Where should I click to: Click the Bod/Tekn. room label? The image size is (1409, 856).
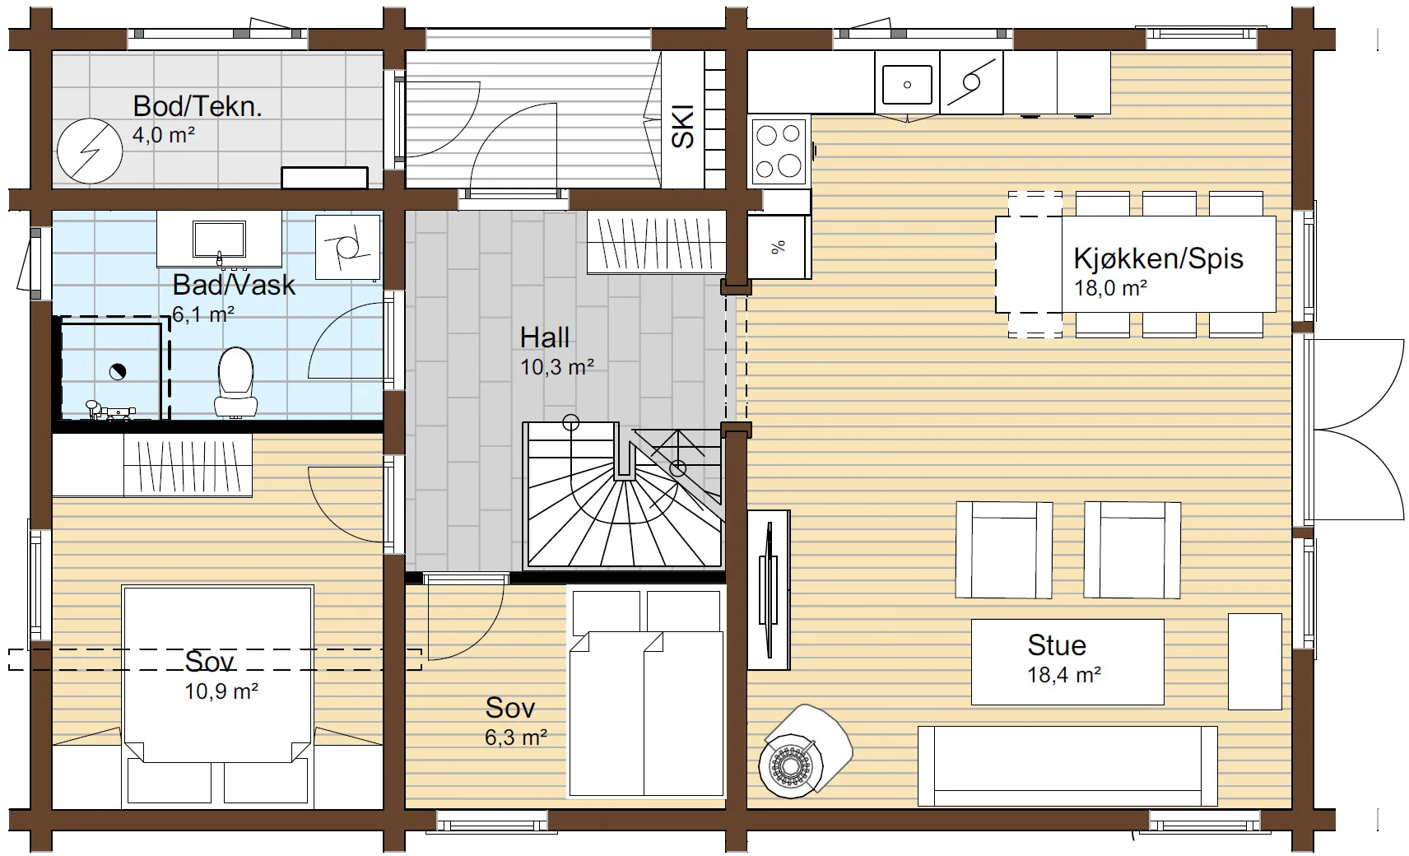[198, 106]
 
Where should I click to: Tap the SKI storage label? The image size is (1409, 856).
[682, 127]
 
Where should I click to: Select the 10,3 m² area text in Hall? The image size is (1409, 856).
[557, 366]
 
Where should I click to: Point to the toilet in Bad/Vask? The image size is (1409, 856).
[235, 382]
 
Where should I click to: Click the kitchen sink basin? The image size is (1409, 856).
[907, 84]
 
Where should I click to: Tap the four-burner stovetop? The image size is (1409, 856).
[778, 151]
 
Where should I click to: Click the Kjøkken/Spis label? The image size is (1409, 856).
[1158, 258]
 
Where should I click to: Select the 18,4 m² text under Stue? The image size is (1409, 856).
[1064, 675]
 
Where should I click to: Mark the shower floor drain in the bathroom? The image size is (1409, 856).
[118, 372]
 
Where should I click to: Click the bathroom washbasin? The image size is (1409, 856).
[220, 239]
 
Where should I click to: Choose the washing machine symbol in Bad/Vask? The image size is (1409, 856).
[348, 247]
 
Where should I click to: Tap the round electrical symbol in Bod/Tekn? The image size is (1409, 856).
[90, 151]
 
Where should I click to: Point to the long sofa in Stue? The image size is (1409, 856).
[1067, 766]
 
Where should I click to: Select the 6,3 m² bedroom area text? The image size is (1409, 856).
[516, 737]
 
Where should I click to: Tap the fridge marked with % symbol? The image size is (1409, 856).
[779, 247]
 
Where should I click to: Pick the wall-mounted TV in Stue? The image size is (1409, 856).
[769, 590]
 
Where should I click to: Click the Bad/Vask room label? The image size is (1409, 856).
[234, 285]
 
